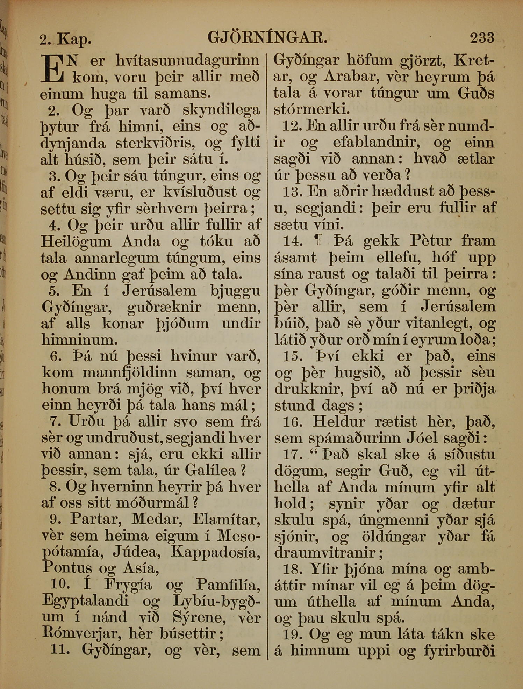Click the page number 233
(x=482, y=37)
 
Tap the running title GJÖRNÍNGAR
(x=267, y=37)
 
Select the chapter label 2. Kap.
(x=65, y=39)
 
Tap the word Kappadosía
(x=216, y=552)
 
